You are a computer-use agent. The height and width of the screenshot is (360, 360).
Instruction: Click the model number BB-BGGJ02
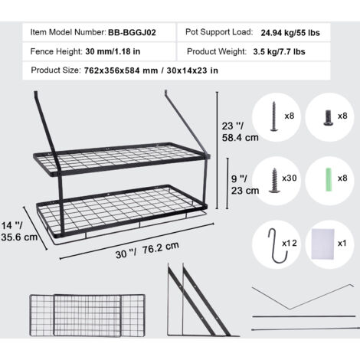[x=132, y=33]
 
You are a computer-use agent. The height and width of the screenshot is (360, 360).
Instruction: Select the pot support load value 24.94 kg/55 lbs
[x=290, y=33]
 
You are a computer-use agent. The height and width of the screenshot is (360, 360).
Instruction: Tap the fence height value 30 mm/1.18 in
[x=113, y=51]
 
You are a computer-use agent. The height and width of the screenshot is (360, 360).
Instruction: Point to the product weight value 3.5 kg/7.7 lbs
[x=279, y=52]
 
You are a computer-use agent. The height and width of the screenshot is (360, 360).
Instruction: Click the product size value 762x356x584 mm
[x=121, y=70]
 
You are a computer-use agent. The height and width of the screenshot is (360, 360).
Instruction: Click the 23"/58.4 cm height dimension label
[x=240, y=132]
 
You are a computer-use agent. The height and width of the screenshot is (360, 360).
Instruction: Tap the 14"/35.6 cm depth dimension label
[x=19, y=231]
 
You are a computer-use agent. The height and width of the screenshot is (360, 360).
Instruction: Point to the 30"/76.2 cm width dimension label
[x=147, y=250]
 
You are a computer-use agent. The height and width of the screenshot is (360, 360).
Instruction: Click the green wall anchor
[x=329, y=179]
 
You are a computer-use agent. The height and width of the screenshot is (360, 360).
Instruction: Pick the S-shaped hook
[x=278, y=246]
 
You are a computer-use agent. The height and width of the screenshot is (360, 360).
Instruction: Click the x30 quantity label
[x=290, y=178]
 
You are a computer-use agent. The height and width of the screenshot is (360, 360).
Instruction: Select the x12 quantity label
[x=290, y=243]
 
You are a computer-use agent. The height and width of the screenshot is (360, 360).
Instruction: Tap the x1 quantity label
[x=342, y=243]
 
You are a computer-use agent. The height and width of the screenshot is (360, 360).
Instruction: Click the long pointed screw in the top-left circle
[x=274, y=116]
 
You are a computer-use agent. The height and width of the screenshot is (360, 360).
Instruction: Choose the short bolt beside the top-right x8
[x=328, y=118]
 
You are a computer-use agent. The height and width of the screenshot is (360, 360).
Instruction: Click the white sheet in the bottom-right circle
[x=322, y=244]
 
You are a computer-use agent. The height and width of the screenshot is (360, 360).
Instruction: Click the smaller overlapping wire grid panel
[x=87, y=316]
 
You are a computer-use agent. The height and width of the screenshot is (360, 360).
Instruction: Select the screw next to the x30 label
[x=274, y=180]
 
